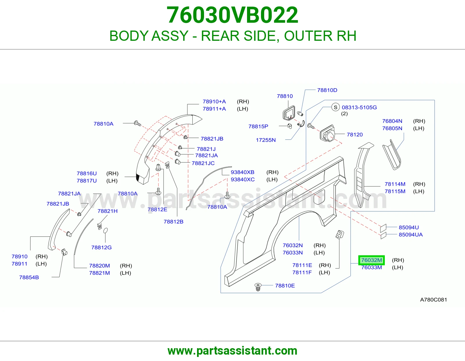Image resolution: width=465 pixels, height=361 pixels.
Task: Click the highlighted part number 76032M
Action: point(371,260)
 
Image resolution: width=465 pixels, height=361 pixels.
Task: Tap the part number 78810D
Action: point(327,90)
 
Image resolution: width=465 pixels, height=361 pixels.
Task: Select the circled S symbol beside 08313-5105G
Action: point(336,107)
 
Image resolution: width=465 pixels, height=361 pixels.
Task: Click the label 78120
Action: point(355,135)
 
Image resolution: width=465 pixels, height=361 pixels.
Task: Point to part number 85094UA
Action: point(411,235)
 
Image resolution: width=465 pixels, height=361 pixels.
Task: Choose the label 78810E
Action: point(285,286)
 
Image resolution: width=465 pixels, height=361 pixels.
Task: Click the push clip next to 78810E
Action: point(258,287)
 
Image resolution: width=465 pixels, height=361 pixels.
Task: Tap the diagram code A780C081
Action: point(434,300)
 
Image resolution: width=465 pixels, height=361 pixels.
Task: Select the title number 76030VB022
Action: point(233,15)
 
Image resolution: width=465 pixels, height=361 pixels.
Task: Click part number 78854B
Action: point(29,277)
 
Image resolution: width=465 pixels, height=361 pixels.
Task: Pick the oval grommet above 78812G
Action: point(105,231)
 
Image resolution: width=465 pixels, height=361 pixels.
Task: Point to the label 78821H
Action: point(108,211)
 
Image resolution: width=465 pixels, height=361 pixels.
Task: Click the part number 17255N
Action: point(266,140)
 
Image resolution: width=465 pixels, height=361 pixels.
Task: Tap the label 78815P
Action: point(258,126)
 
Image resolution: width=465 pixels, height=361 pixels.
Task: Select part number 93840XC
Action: point(243,179)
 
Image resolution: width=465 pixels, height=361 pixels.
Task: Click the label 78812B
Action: point(174,222)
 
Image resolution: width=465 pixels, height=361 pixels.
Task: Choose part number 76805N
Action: point(392,128)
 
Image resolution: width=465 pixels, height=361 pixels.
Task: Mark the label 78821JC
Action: point(203,163)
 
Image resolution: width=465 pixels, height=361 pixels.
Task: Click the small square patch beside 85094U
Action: point(383,228)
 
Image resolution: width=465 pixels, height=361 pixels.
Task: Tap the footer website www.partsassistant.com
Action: point(233,351)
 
